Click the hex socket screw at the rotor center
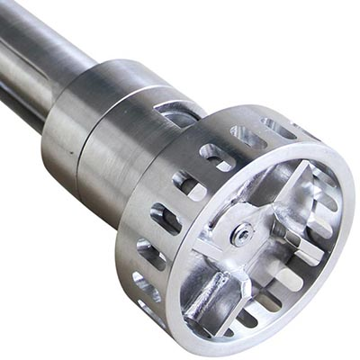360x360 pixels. tap(241, 237)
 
